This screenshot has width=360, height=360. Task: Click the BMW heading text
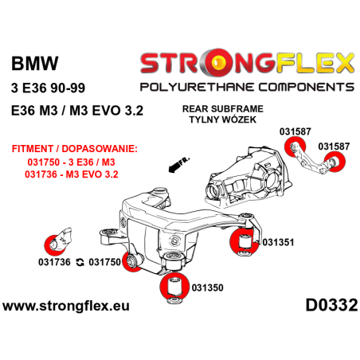[x=34, y=64]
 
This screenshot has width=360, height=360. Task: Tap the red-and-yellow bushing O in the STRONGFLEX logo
[x=217, y=63]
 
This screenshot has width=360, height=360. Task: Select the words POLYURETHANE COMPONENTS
[x=247, y=87]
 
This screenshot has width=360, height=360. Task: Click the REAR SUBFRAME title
[x=223, y=109]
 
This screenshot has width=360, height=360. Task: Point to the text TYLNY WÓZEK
[x=223, y=119]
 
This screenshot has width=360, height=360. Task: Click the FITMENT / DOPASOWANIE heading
[x=75, y=149]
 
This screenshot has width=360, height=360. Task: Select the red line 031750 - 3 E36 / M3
[x=71, y=162]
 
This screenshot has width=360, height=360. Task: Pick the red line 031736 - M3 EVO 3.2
[x=72, y=174]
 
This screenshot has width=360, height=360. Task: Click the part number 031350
[x=207, y=288]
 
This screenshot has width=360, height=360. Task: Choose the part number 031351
[x=278, y=242]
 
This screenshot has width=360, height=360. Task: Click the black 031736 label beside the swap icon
[x=54, y=262]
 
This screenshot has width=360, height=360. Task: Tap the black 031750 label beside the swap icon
[x=104, y=262]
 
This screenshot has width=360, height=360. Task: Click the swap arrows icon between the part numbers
[x=80, y=263]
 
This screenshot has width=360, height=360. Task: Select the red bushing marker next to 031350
[x=174, y=287]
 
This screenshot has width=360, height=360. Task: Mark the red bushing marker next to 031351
[x=245, y=241]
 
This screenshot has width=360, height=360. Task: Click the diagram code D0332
[x=331, y=305]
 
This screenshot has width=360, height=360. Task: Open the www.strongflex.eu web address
[x=66, y=306]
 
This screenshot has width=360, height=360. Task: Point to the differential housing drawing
[x=248, y=177]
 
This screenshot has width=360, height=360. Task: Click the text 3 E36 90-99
[x=48, y=88]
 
